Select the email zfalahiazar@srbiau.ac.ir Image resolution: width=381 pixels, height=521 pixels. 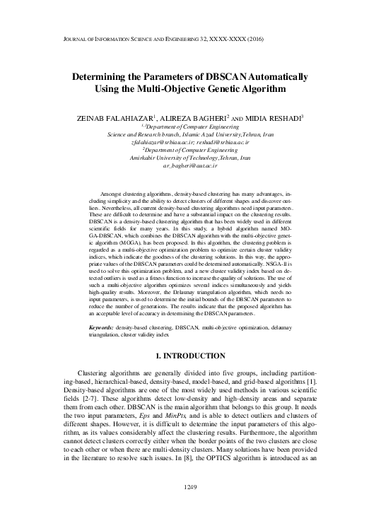pos(160,142)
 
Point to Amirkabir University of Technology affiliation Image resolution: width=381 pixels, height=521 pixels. pos(189,158)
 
